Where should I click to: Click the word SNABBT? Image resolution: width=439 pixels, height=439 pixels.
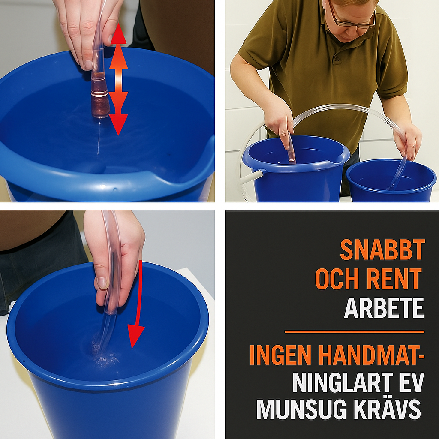point(382,250)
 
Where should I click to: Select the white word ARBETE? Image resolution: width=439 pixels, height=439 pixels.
point(384,308)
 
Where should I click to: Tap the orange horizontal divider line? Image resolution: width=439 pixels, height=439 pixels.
point(354,331)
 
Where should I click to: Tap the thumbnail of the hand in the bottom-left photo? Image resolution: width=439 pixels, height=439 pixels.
point(102,283)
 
